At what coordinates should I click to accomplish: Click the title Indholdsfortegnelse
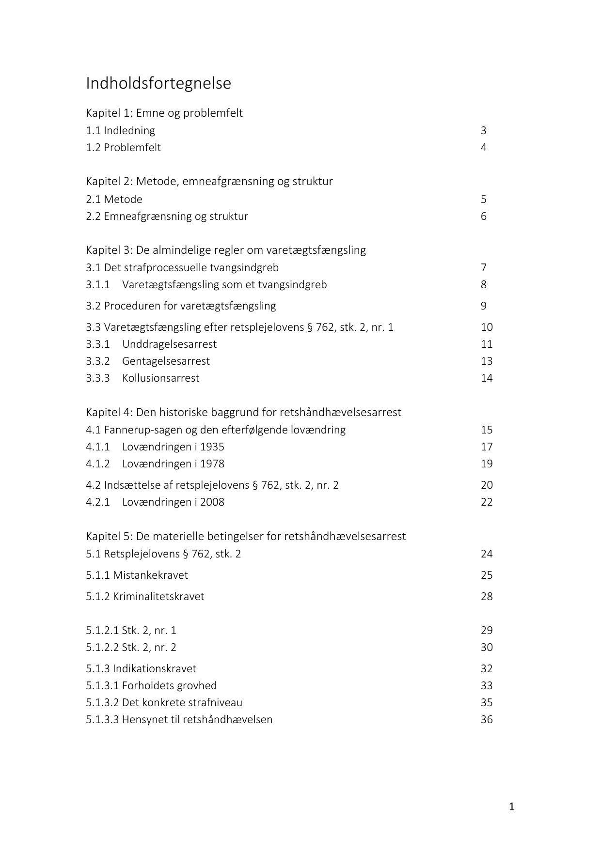coord(158,83)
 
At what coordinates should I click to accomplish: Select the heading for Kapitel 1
coord(164,113)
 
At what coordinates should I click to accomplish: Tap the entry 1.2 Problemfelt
coord(123,147)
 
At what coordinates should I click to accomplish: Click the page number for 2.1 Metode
coord(483,199)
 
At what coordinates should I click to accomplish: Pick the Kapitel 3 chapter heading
coord(226,250)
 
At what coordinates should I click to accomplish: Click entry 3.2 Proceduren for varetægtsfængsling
coord(181,306)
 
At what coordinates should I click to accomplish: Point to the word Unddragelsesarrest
coord(169,344)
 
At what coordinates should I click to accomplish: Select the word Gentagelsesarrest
coord(166,361)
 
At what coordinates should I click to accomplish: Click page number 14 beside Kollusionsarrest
coord(487,378)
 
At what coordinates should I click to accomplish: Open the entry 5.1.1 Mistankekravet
coord(137,575)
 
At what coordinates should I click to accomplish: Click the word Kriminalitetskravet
coord(158,596)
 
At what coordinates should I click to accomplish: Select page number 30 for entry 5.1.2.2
coord(487,647)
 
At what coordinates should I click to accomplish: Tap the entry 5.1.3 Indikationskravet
coord(141,668)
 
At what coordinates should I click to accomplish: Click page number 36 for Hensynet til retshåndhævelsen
coord(487,719)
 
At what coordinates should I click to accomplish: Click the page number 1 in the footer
coord(512,807)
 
